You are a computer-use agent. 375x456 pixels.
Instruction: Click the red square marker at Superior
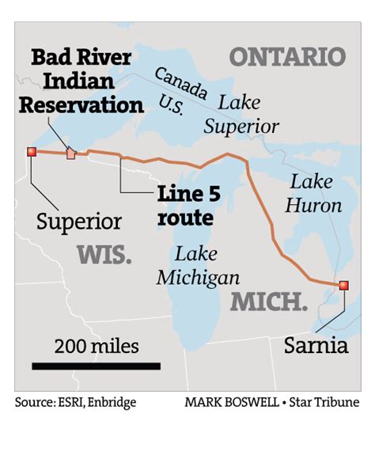coord(32,151)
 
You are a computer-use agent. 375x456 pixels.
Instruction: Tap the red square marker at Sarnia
coord(343,285)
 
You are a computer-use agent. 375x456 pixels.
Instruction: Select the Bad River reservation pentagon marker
coord(71,153)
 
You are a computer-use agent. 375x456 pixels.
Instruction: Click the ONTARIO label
coord(287,57)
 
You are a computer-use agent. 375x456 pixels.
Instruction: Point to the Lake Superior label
coord(241,114)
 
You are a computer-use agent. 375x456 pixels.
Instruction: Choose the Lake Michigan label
coord(197,266)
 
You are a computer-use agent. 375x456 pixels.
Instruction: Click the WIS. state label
coord(104,254)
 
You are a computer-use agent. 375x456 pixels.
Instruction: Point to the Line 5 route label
coord(187,206)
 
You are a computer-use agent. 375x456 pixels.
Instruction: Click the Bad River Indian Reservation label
coord(81,82)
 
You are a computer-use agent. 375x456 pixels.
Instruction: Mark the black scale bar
coord(96,366)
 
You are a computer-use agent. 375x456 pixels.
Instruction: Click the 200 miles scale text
coord(97,346)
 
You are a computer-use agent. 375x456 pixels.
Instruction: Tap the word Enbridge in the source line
coord(112,403)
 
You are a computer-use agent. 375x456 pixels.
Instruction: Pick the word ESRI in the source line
coord(69,403)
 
